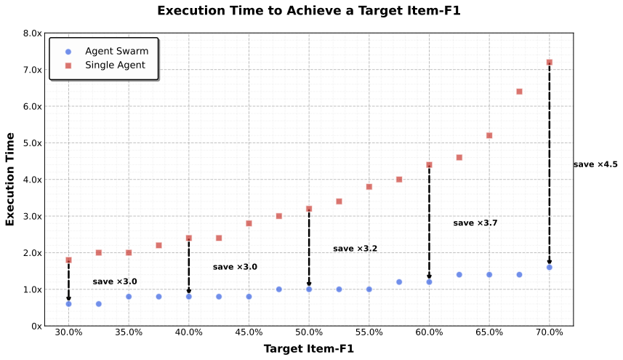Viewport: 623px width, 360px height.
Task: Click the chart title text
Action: click(x=309, y=11)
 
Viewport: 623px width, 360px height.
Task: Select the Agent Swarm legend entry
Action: click(x=116, y=52)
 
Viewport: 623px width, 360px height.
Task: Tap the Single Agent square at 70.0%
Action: click(x=549, y=63)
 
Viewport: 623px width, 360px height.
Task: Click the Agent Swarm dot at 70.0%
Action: click(x=549, y=268)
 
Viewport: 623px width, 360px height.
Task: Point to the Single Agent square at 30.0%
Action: click(x=68, y=260)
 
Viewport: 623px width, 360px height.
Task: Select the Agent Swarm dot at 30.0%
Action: click(x=68, y=304)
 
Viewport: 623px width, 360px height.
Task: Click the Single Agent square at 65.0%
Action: click(x=489, y=136)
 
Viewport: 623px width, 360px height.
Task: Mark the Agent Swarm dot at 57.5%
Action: click(x=399, y=282)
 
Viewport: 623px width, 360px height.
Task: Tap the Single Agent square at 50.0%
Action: click(x=309, y=209)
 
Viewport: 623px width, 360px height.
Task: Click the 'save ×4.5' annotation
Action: click(x=595, y=165)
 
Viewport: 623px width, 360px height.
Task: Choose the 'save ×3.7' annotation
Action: click(x=475, y=223)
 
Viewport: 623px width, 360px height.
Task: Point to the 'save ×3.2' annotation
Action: click(x=355, y=249)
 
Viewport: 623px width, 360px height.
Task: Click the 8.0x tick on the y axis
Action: click(x=33, y=33)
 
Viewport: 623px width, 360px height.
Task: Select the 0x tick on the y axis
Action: click(x=37, y=326)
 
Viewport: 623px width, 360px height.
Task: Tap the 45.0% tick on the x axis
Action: click(x=249, y=332)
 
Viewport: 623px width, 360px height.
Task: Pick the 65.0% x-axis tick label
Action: click(x=489, y=332)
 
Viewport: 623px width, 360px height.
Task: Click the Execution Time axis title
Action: click(x=10, y=179)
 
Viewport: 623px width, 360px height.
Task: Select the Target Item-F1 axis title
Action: click(x=308, y=349)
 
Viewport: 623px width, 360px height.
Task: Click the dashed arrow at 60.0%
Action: click(x=429, y=222)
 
